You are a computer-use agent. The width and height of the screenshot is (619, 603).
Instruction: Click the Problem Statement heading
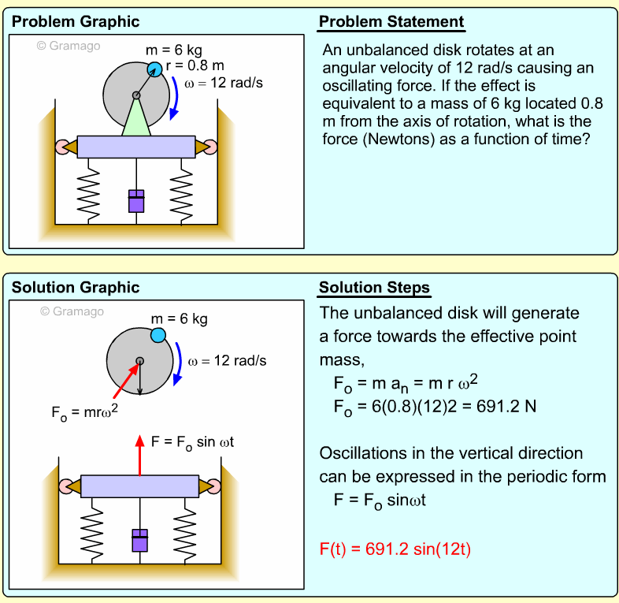(391, 22)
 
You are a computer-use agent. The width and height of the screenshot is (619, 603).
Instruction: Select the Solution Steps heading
(374, 288)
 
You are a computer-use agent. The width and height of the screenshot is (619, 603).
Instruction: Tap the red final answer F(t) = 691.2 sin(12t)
(395, 549)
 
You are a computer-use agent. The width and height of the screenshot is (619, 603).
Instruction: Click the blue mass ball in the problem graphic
(155, 69)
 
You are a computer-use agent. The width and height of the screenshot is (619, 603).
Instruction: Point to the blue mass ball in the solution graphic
(158, 336)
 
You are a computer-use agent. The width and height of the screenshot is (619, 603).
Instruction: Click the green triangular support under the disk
(136, 121)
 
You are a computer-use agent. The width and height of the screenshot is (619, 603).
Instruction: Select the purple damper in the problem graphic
(137, 200)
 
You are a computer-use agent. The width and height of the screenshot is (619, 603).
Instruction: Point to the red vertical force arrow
(140, 456)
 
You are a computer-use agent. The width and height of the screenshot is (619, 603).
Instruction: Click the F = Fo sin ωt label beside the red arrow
(192, 442)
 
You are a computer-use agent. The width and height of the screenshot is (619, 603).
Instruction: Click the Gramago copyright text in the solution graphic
(72, 311)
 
